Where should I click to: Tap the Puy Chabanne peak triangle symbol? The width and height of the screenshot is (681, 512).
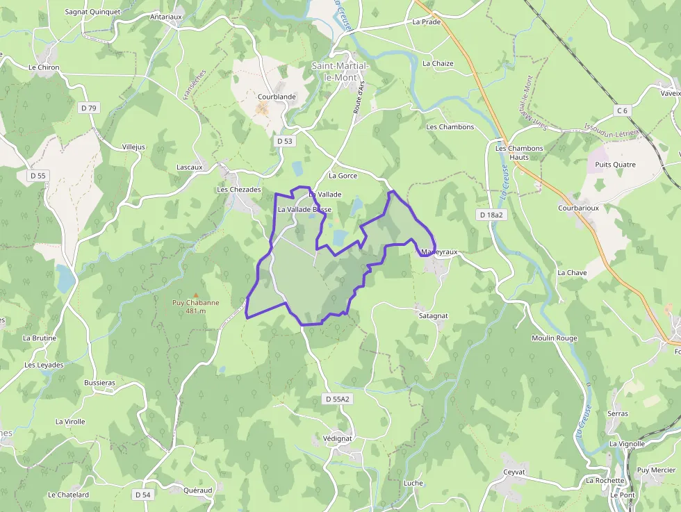tap(195, 295)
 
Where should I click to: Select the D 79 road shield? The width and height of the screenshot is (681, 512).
tap(89, 108)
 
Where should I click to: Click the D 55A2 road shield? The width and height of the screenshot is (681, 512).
tap(338, 399)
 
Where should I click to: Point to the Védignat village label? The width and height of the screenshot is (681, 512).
tap(338, 438)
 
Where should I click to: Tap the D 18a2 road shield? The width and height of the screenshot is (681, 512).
tap(491, 215)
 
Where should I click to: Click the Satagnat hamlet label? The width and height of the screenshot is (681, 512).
tap(433, 315)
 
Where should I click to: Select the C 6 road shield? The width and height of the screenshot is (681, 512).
tap(621, 110)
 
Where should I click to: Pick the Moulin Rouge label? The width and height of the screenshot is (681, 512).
tap(554, 338)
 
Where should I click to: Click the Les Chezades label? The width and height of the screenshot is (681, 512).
tap(239, 190)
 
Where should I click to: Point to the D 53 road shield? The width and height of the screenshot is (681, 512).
tap(285, 140)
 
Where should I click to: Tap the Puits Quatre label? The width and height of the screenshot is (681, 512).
tap(611, 165)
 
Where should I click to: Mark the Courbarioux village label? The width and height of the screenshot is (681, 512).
tap(578, 208)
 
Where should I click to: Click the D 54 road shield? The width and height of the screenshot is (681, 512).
tap(142, 495)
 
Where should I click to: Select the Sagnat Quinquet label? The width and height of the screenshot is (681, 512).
tap(92, 12)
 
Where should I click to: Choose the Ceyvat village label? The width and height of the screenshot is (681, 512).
tap(514, 472)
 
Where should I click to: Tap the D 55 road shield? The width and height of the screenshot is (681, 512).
tap(38, 176)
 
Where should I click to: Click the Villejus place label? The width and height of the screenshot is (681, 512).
tap(133, 147)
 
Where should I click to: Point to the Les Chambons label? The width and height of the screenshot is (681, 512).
tap(450, 127)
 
